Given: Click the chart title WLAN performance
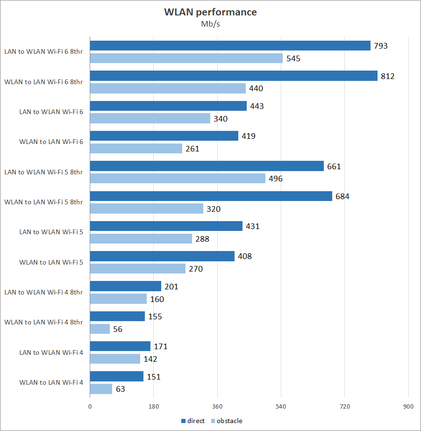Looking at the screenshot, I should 210,12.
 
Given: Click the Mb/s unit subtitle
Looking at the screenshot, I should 210,24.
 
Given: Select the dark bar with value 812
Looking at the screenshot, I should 234,76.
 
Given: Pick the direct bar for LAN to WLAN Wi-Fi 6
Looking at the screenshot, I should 168,106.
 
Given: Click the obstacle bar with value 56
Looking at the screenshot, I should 100,329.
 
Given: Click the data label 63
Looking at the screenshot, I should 121,389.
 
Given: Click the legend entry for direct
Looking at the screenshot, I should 193,421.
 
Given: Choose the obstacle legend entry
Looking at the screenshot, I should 227,421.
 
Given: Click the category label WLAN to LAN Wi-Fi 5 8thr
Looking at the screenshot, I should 43,202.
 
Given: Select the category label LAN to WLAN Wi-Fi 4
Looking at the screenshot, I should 51,352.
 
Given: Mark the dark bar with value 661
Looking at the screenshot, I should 207,166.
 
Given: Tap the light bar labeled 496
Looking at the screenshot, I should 178,179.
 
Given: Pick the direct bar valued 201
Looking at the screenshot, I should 125,286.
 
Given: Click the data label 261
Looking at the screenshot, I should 192,149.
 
